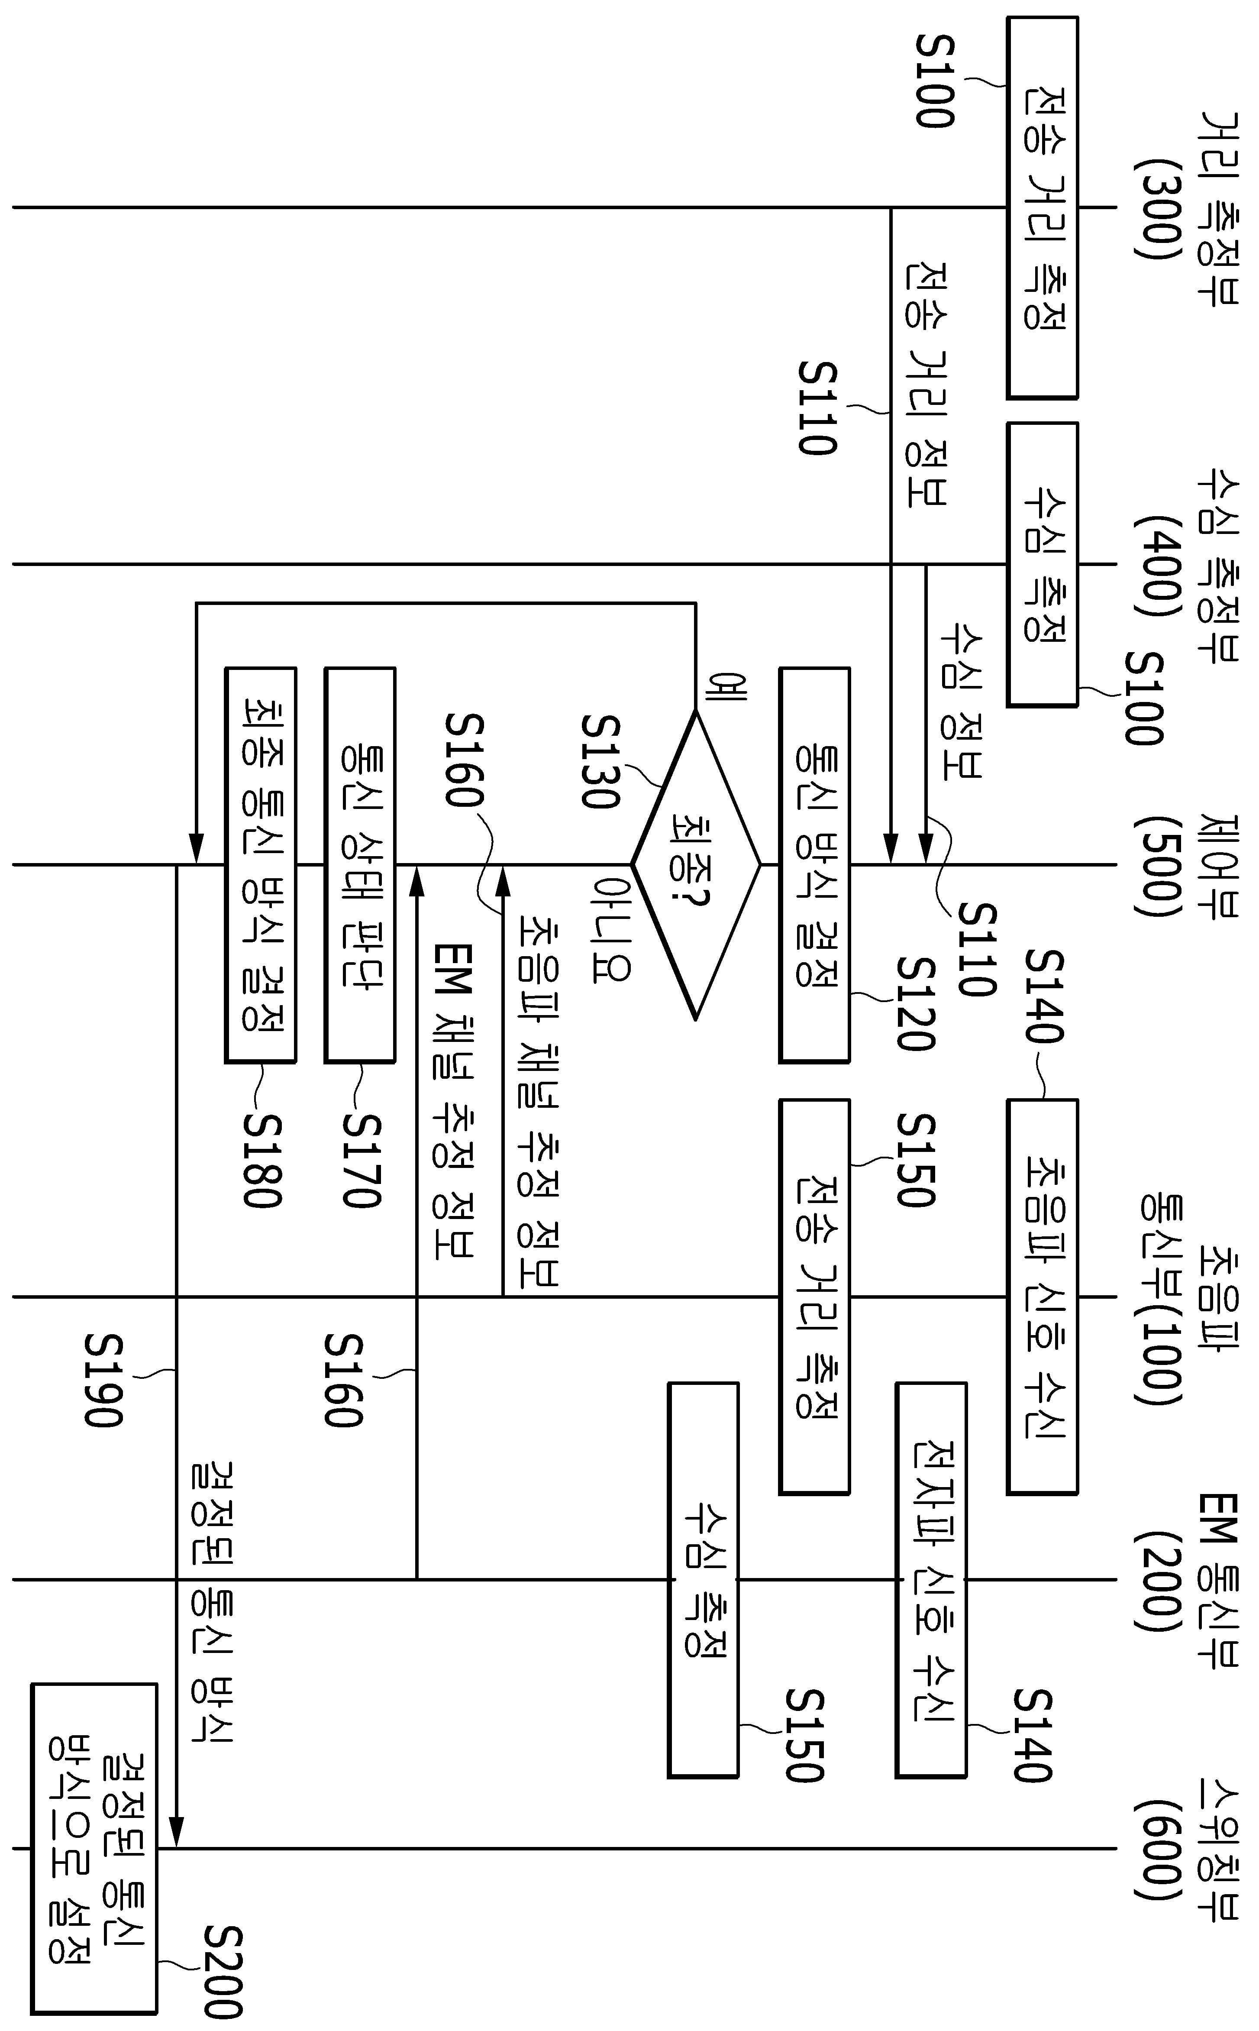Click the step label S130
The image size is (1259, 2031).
tap(600, 761)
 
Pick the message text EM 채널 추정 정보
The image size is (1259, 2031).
tap(454, 1101)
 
